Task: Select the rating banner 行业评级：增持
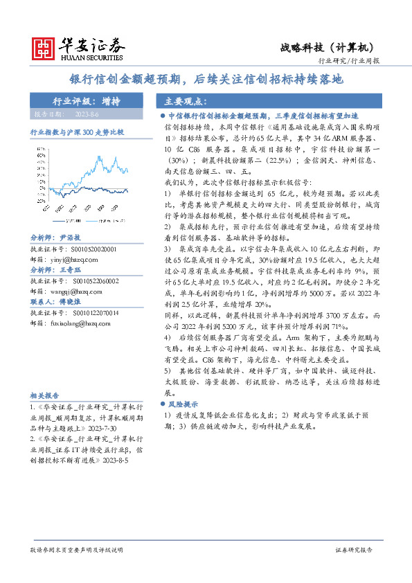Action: pos(87,101)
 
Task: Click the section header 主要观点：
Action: pos(179,101)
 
